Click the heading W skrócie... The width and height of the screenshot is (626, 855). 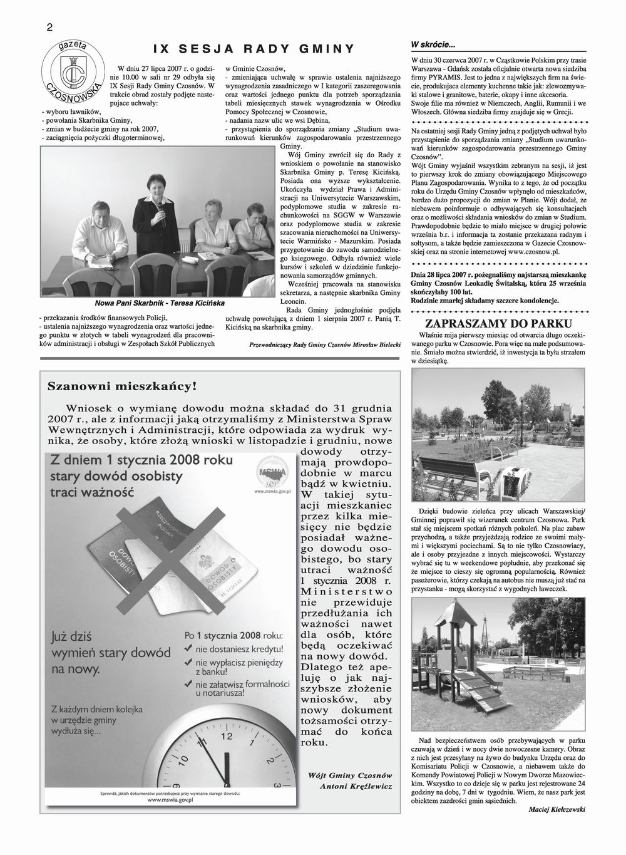click(433, 44)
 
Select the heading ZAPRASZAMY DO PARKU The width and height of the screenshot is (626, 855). click(498, 324)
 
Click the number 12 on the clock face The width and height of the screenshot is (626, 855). click(227, 735)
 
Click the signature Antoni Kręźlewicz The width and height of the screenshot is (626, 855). click(356, 786)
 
